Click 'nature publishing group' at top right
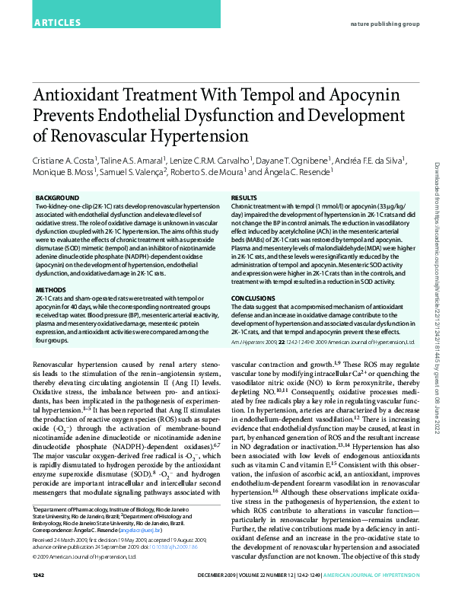tap(384, 24)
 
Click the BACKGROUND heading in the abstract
tap(57, 198)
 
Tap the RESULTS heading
tap(244, 198)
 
